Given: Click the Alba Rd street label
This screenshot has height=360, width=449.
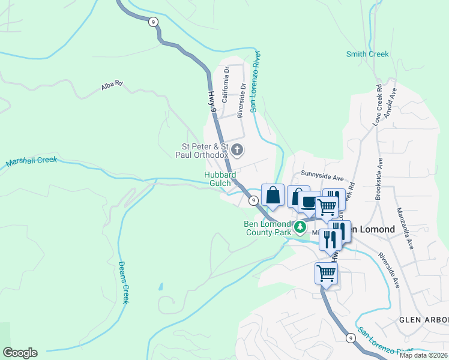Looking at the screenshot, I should click(x=112, y=86).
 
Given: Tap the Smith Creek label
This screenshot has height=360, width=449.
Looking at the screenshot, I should click(x=367, y=55).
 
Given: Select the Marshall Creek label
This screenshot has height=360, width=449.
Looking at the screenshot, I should click(x=31, y=161).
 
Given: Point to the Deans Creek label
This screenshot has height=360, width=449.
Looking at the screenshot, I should click(x=123, y=281).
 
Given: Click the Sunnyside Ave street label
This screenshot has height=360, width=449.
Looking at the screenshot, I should click(x=322, y=178).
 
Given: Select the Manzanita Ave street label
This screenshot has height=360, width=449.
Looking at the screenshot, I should click(x=405, y=229).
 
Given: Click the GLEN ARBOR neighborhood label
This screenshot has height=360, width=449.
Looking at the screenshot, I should click(x=424, y=320).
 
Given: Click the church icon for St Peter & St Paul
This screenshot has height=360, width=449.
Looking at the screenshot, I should click(x=237, y=150).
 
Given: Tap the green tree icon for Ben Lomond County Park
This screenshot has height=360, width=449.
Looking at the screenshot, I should click(x=300, y=227).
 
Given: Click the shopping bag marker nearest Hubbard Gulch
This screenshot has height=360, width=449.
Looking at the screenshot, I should click(x=273, y=195).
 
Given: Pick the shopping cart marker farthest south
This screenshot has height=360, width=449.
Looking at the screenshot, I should click(x=326, y=273).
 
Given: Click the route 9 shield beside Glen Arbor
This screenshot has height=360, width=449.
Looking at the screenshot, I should click(x=350, y=338).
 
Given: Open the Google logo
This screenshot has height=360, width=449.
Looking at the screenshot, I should click(x=20, y=353).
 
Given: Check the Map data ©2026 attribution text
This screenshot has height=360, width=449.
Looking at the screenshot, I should click(x=423, y=355).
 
